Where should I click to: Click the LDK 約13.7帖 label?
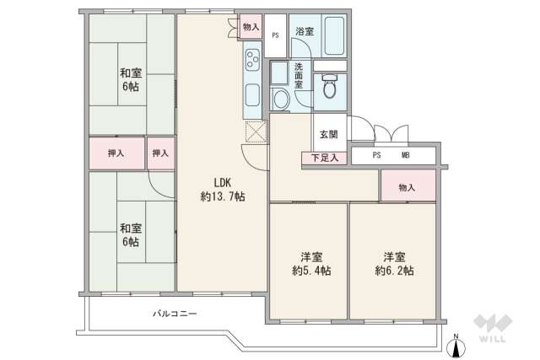pyautogui.click(x=223, y=189)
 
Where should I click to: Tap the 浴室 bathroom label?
pyautogui.click(x=304, y=31)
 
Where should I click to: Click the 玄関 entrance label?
pyautogui.click(x=329, y=133)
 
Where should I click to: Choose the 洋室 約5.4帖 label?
pyautogui.click(x=308, y=263)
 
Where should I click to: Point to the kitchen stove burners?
pyautogui.click(x=253, y=59)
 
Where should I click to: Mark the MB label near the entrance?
pyautogui.click(x=405, y=155)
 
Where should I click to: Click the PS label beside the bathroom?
pyautogui.click(x=276, y=35)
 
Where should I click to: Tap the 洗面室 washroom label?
pyautogui.click(x=300, y=74)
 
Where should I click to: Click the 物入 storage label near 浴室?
pyautogui.click(x=251, y=28)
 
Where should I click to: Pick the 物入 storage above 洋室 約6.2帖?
pyautogui.click(x=408, y=185)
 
